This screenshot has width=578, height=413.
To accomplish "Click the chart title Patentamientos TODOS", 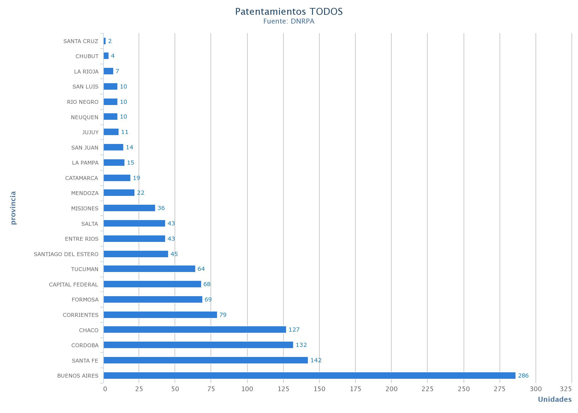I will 289,12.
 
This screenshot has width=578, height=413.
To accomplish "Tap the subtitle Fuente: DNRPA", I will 289,22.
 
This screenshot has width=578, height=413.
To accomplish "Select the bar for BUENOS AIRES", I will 309,376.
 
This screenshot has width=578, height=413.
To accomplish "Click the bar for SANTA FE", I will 206,360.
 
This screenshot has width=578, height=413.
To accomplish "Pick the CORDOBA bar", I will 198,345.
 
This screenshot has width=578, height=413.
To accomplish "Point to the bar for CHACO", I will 195,330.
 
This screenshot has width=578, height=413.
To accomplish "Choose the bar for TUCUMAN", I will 149,269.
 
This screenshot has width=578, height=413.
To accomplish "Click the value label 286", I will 523,376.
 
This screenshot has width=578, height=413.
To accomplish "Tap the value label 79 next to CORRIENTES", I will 223,315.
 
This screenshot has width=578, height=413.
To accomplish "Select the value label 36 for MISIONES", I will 161,208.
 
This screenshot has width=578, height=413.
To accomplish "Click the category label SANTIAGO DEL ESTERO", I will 66,254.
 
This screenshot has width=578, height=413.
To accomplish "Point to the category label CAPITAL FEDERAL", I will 73,284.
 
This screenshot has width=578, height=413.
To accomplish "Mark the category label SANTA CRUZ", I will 81,41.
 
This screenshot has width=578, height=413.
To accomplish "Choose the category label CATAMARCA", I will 81,178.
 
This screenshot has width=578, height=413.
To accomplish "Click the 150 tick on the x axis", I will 319,389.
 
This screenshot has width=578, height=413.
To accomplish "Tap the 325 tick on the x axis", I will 566,389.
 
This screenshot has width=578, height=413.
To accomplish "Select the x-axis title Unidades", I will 554,399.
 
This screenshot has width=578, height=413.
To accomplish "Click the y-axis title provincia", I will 13,208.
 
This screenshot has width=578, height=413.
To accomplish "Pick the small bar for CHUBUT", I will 106,56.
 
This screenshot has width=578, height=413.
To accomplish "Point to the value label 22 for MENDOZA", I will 141,193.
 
